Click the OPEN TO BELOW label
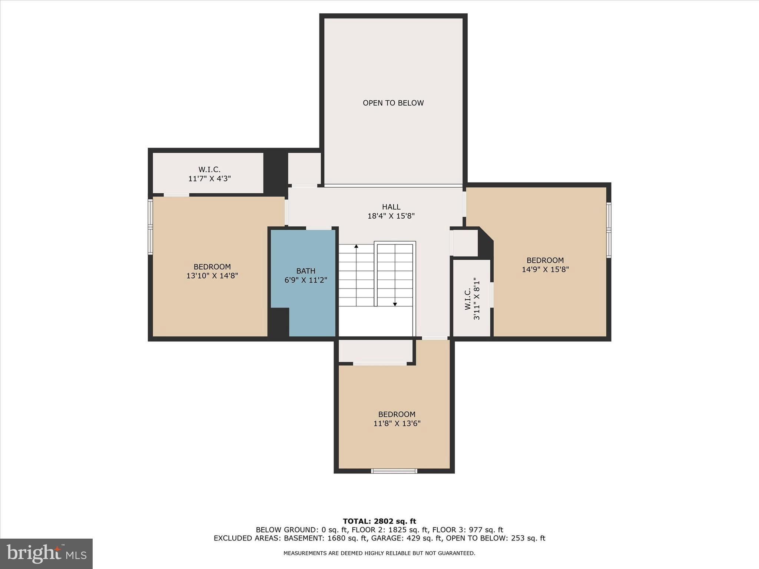tap(393, 103)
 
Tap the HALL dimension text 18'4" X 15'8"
tap(391, 216)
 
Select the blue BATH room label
tap(306, 271)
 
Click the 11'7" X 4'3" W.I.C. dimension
tap(209, 179)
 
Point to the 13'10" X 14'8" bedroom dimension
tap(212, 276)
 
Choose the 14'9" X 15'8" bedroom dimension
tap(545, 269)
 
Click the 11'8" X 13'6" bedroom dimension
tap(397, 423)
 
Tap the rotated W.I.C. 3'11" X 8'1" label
tap(472, 299)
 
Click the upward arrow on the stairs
tap(356, 246)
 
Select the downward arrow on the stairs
tap(395, 304)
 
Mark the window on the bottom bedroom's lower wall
tap(394, 471)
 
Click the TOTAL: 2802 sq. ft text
tap(379, 522)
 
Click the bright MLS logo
tap(46, 554)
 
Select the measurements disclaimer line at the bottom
tap(379, 553)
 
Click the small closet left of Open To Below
tap(304, 169)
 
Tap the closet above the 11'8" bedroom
tap(375, 350)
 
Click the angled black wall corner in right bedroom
tap(486, 243)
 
